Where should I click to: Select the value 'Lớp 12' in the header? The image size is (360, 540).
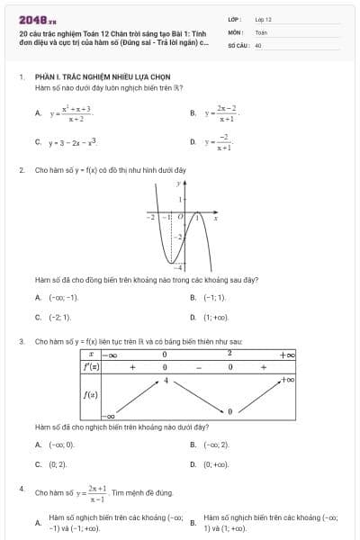(264, 19)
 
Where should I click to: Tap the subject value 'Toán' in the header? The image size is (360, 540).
(261, 31)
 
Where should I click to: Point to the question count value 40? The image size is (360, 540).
(258, 44)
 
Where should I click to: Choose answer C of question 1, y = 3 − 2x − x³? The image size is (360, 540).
(73, 142)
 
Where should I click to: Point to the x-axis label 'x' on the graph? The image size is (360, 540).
(215, 218)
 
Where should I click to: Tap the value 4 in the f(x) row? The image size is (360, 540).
(166, 382)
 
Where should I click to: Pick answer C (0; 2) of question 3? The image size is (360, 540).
(58, 464)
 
